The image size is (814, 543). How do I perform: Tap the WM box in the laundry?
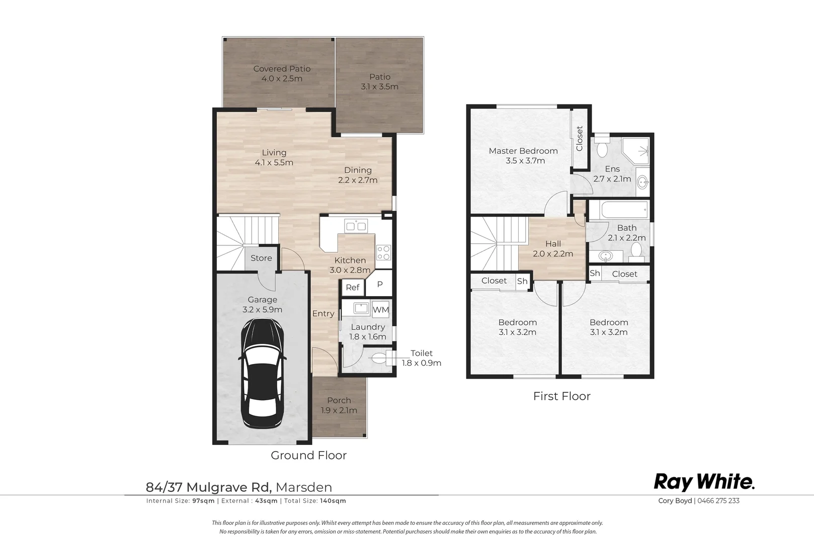(x=380, y=309)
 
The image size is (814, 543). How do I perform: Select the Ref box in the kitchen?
(x=352, y=287)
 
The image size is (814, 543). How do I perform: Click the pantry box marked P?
(x=380, y=285)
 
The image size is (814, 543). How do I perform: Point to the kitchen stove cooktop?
(x=383, y=252)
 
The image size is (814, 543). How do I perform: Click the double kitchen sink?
(x=356, y=225)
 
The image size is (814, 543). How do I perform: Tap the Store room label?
(x=261, y=258)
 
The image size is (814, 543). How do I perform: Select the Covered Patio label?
(x=282, y=69)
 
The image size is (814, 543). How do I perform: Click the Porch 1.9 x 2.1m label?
(x=339, y=405)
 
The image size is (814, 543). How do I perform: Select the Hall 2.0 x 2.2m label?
(x=553, y=248)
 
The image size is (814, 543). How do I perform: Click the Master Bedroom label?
(x=523, y=151)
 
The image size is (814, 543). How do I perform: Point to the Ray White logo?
(x=704, y=482)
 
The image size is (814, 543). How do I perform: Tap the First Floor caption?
(x=561, y=396)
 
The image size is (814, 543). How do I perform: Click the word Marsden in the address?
(x=304, y=487)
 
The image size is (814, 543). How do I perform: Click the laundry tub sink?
(x=361, y=308)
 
